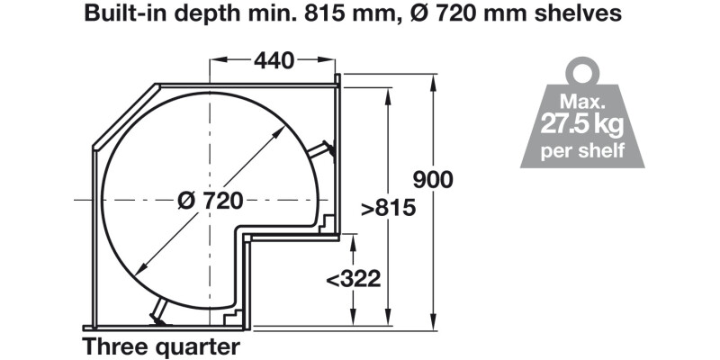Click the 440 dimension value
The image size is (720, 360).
pyautogui.click(x=274, y=61)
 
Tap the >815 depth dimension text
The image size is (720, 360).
pyautogui.click(x=388, y=208)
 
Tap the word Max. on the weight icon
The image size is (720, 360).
pyautogui.click(x=582, y=99)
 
